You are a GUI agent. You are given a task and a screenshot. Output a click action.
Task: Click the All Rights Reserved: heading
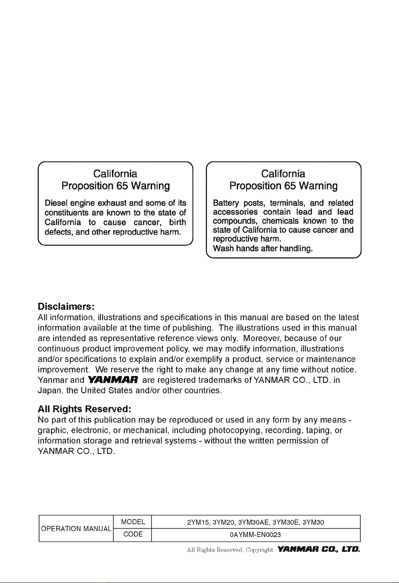click(84, 409)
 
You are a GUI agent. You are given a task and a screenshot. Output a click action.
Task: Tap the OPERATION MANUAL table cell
click(76, 529)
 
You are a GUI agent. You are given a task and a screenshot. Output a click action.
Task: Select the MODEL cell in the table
click(133, 522)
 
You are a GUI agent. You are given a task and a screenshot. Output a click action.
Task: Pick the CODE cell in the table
click(133, 534)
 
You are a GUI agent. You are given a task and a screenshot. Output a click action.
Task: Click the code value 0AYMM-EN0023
click(255, 535)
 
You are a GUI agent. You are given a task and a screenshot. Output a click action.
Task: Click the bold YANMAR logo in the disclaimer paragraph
click(112, 380)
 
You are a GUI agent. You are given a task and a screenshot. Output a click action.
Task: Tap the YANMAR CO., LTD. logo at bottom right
click(318, 550)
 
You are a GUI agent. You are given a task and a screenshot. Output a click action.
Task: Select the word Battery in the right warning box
click(226, 203)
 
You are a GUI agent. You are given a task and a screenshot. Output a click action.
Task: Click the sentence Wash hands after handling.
click(263, 248)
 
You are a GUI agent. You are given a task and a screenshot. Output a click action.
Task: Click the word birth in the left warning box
click(177, 222)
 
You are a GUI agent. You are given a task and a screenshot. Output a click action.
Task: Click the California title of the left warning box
click(115, 174)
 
